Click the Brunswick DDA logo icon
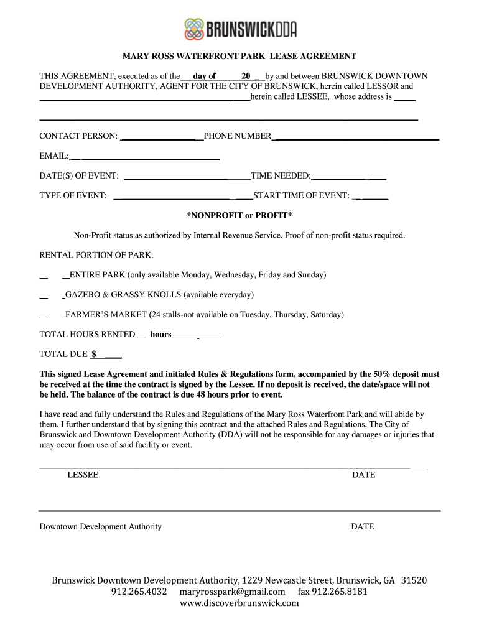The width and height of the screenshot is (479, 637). [195, 29]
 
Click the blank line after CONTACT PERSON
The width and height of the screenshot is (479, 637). [161, 136]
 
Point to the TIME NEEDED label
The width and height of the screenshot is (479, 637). [281, 177]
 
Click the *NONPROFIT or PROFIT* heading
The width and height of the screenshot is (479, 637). [240, 215]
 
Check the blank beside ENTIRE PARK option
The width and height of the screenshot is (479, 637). [44, 275]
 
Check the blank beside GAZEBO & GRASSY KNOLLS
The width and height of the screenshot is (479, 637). [44, 295]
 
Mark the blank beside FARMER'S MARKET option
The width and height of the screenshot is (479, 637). [44, 315]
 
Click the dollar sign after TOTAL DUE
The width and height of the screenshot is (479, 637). [94, 354]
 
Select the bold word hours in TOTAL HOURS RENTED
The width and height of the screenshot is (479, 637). [160, 335]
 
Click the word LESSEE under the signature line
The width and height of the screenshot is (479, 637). [83, 475]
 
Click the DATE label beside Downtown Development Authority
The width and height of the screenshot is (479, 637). [363, 526]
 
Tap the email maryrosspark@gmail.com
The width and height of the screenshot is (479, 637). [232, 591]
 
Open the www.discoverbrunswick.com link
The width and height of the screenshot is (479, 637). [240, 603]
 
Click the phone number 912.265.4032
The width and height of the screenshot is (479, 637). [139, 591]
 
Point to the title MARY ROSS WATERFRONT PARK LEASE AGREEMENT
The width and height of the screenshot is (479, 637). [239, 57]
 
